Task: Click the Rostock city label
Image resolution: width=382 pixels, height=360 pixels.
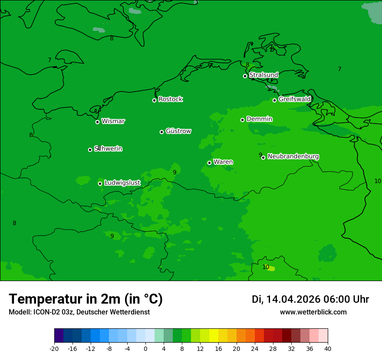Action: [170, 99]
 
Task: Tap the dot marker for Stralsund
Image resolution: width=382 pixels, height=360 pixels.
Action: [245, 76]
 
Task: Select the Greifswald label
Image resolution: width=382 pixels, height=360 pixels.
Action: [294, 99]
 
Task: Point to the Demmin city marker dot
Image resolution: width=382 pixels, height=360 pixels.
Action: [242, 120]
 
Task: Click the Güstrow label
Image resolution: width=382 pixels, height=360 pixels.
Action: [178, 131]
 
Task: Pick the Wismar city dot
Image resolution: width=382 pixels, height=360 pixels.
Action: [97, 122]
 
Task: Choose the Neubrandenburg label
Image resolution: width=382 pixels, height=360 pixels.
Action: [293, 156]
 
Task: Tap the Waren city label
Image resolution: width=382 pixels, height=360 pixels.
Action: [223, 162]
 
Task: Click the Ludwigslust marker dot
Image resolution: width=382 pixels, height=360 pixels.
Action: [100, 183]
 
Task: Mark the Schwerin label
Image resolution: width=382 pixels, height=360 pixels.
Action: [108, 149]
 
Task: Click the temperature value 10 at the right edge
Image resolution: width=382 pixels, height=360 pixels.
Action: [377, 181]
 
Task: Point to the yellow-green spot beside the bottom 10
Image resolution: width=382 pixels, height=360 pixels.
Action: [272, 268]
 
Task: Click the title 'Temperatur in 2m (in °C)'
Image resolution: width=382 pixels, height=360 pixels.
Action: [86, 299]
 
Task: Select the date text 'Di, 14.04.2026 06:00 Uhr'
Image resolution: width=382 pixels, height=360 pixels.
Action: [310, 299]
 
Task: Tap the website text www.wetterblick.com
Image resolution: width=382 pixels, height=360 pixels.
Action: [313, 312]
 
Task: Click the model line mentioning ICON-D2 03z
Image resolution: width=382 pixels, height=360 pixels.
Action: [79, 312]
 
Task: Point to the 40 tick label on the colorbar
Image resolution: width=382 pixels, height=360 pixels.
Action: [328, 348]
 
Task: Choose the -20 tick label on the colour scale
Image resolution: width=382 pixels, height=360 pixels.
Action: [54, 348]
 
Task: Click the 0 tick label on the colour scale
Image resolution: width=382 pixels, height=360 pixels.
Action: [145, 348]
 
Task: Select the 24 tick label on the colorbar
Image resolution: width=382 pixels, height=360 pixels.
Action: [255, 348]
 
